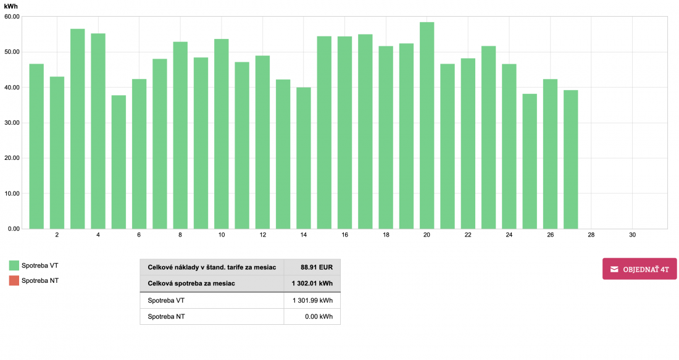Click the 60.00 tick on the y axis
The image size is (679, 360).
coord(12,17)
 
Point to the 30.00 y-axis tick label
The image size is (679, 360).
coord(12,123)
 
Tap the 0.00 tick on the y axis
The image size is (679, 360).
coord(14,229)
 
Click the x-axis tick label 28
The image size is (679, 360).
coord(591,235)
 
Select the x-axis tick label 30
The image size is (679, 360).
coord(632,235)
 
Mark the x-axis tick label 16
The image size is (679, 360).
coord(344,235)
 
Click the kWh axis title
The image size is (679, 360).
coord(11,5)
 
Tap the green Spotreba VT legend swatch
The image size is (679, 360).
coord(14,266)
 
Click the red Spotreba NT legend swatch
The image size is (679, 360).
coord(14,281)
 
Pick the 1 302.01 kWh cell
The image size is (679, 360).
coord(312,284)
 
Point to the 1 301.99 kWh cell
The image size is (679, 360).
coord(312,301)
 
